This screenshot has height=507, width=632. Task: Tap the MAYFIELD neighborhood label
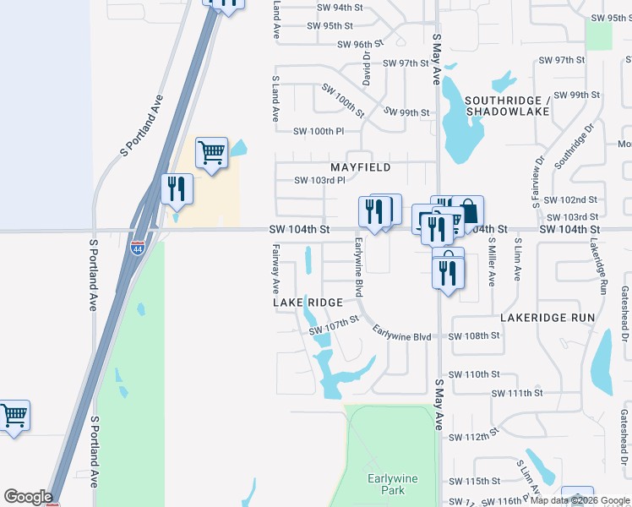360,167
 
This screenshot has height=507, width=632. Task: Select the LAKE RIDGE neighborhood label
308,302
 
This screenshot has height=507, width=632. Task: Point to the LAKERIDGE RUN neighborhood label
548,318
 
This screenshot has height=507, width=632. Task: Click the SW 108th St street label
474,335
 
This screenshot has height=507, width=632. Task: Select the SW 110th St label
474,374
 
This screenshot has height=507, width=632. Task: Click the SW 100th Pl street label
319,131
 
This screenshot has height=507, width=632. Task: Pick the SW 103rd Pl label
319,180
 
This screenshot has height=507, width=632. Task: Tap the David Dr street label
367,66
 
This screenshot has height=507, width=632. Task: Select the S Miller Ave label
492,258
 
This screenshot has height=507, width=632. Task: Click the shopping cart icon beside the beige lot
211,154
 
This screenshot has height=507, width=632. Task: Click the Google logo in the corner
28,497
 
